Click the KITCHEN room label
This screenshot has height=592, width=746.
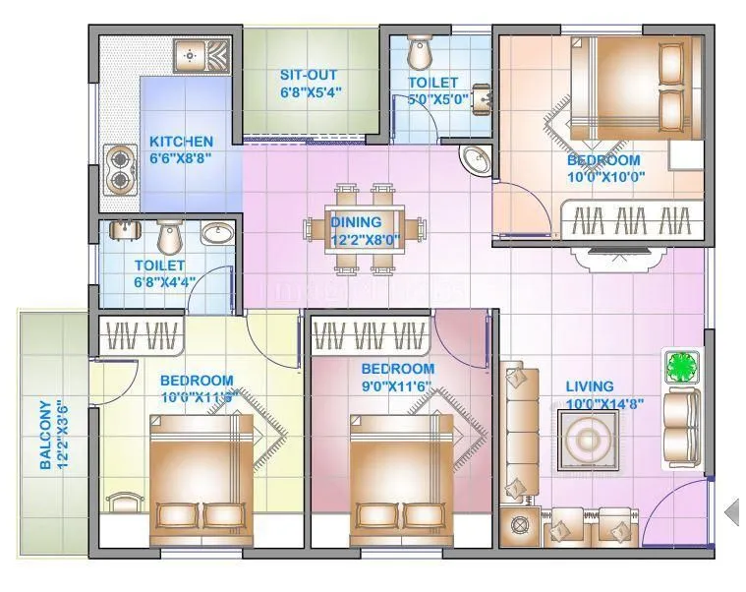coord(181,142)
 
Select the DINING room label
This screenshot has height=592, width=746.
coord(356,221)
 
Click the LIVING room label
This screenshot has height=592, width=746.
coord(590,386)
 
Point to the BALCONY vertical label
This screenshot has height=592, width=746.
coord(45,434)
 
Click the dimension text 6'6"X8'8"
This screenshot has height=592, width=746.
coord(181,157)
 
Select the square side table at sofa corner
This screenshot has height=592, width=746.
coord(518,525)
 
